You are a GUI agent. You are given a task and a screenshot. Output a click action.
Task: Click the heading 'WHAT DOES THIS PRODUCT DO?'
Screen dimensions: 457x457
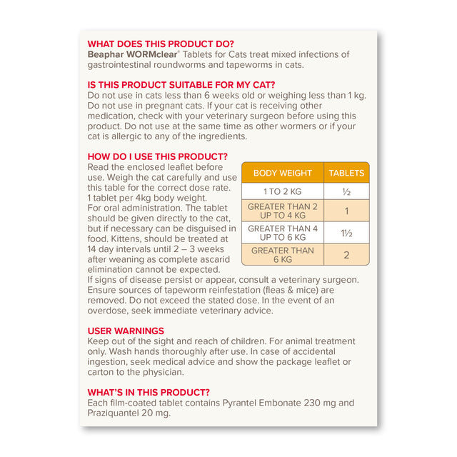pyautogui.click(x=160, y=44)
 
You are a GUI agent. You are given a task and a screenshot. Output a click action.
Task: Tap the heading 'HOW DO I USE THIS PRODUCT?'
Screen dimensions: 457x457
pyautogui.click(x=157, y=156)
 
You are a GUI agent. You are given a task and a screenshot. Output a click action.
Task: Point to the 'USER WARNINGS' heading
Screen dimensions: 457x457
pyautogui.click(x=126, y=331)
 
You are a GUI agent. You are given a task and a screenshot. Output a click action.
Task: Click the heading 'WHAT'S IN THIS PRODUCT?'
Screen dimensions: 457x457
pyautogui.click(x=149, y=392)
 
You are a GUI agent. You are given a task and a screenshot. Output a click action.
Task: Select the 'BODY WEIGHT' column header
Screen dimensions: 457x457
pyautogui.click(x=282, y=173)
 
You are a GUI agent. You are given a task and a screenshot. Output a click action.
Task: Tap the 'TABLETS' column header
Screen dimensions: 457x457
pyautogui.click(x=346, y=173)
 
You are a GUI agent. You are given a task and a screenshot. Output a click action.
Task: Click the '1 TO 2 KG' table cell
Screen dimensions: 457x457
pyautogui.click(x=282, y=192)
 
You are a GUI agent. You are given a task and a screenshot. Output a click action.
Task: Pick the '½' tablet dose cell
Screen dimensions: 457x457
pyautogui.click(x=346, y=192)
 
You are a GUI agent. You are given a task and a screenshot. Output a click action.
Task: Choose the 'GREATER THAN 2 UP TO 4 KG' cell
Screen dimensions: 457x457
pyautogui.click(x=282, y=211)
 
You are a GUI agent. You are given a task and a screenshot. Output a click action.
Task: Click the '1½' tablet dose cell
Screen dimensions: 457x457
pyautogui.click(x=346, y=233)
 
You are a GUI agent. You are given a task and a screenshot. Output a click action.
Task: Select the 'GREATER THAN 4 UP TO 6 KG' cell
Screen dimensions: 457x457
pyautogui.click(x=282, y=233)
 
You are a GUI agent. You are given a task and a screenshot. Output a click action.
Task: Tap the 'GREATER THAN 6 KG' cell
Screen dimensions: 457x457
pyautogui.click(x=282, y=255)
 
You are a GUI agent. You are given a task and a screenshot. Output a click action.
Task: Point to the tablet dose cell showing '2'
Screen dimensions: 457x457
pyautogui.click(x=346, y=255)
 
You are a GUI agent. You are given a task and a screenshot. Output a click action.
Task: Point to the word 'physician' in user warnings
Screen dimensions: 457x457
pyautogui.click(x=161, y=371)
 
